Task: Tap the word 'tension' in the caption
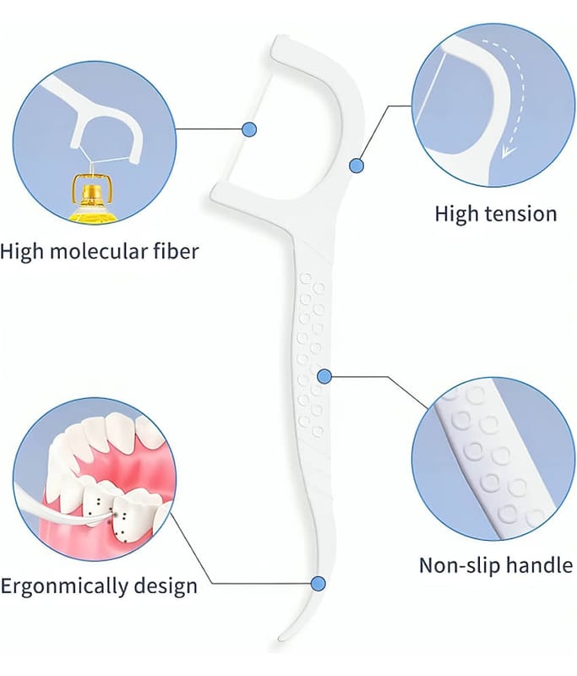(518, 213)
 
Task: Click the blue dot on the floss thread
(248, 129)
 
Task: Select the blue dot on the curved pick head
(357, 165)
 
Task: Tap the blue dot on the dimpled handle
(323, 375)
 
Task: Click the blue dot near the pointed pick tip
(318, 583)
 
